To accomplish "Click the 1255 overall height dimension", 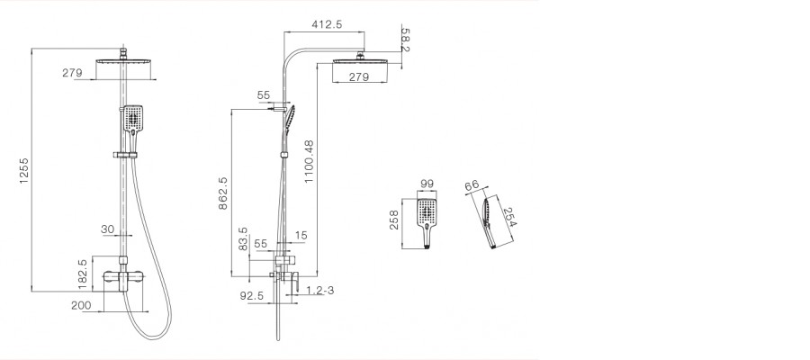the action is (23, 170).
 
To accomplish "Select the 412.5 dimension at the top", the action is (327, 24).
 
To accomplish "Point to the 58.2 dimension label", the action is (405, 40).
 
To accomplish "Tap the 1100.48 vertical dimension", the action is (309, 162).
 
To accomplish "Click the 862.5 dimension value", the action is (223, 193).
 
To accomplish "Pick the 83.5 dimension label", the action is (243, 238).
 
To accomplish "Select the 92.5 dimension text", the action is (252, 295).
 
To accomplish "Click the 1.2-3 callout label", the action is (319, 291).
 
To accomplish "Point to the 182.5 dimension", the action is (83, 274).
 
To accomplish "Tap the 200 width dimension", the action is (81, 305).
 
